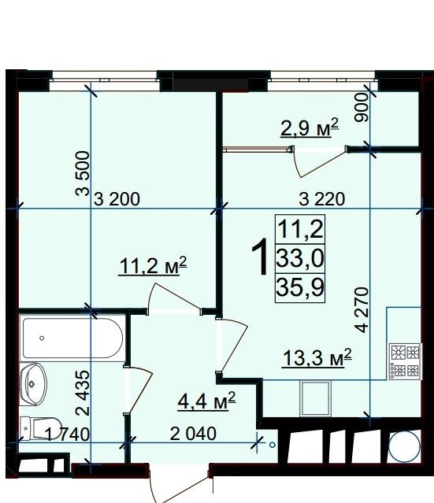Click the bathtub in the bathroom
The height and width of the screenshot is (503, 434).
pos(72,338)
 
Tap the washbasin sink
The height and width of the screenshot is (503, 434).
pos(33,384)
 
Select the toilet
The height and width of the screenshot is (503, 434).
pos(40,428)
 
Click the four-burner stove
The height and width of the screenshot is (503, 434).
pos(405,361)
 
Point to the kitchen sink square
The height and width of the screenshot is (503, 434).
pos(315,398)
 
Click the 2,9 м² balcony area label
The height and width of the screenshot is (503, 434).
pos(310,128)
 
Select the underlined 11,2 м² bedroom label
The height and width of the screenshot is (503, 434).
pos(153,265)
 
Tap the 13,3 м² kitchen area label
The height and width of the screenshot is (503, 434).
pos(317,357)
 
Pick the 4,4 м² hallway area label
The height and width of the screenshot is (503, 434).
pos(206,401)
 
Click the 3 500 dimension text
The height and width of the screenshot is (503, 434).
pos(83,173)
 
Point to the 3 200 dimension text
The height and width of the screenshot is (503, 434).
pos(117,199)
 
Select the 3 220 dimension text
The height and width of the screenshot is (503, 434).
pos(322,199)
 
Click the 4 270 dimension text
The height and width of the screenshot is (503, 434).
pos(362,310)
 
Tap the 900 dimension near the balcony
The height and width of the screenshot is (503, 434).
pos(362,107)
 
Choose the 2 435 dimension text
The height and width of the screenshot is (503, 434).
pos(83,394)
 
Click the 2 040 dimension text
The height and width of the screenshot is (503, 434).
pos(193,434)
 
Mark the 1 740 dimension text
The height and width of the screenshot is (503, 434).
pos(67,435)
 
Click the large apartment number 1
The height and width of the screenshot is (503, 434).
pos(260,257)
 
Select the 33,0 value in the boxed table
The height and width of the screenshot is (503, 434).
pos(300,258)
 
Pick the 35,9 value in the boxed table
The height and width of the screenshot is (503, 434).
pos(300,287)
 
